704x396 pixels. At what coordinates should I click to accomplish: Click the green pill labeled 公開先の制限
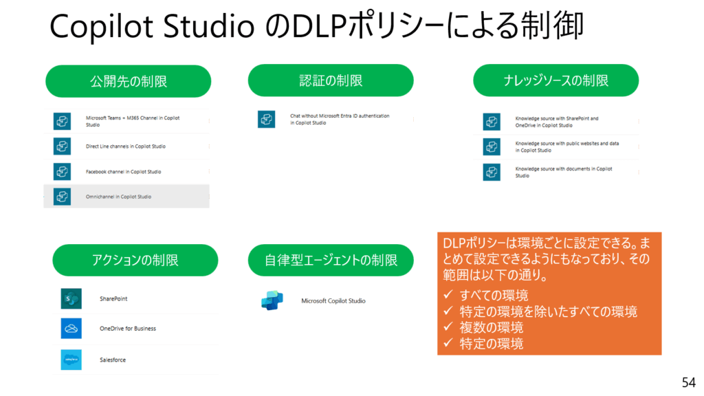pos(129,81)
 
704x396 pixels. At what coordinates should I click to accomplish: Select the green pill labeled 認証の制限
pos(331,80)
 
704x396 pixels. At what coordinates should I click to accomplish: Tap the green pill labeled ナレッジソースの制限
pos(555,80)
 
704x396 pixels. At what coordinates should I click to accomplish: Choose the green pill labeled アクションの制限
pos(135,260)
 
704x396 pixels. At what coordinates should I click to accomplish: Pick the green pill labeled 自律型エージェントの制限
pos(331,260)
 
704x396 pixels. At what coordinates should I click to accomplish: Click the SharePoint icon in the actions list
pos(71,298)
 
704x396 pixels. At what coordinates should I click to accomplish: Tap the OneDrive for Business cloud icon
pos(71,328)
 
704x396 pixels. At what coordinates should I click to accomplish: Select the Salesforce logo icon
pos(71,360)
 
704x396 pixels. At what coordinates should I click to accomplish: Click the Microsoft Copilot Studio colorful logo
pos(272,300)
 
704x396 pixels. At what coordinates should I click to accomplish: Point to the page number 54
pos(688,382)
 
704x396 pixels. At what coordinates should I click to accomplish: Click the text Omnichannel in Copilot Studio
pos(118,197)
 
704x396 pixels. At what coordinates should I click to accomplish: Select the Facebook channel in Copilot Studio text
pos(124,171)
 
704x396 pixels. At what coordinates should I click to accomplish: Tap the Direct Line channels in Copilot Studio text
pos(126,146)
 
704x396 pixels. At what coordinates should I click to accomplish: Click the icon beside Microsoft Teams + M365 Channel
pos(62,121)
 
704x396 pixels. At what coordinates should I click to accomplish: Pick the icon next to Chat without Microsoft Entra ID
pos(266,120)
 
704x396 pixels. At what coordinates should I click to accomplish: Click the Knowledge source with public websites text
pos(567,147)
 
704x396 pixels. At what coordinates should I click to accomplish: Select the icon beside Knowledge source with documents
pos(492,172)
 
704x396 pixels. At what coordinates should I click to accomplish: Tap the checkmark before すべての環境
pos(448,294)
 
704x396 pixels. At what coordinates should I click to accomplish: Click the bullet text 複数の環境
pos(491,327)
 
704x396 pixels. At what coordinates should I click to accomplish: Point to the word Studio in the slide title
pos(209,26)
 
